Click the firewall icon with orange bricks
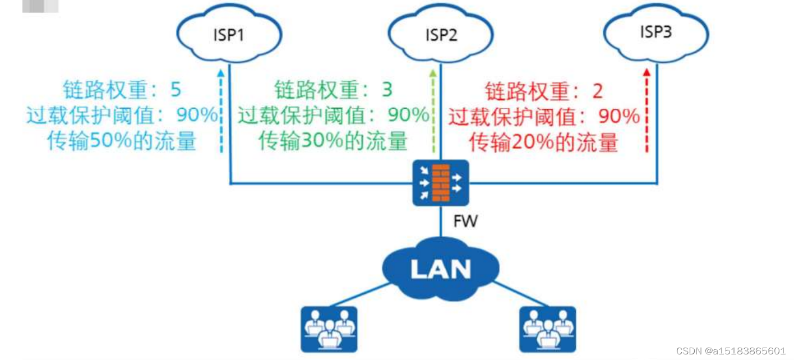coord(440,181)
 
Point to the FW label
coord(465,221)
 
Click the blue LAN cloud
coord(440,268)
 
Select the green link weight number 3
coord(386,90)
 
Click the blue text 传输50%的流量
coord(122,141)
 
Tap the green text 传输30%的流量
coord(333,141)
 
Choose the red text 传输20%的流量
coord(544,142)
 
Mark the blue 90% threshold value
coord(197,116)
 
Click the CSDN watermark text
coord(731,351)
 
